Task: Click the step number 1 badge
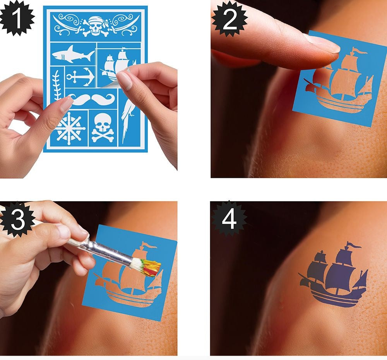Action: pos(17,18)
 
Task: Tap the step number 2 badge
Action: pos(229,19)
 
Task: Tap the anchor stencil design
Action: pos(80,77)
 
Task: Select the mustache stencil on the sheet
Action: pos(91,99)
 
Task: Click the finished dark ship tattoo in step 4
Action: pos(333,275)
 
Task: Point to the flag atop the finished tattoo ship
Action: pos(354,245)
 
